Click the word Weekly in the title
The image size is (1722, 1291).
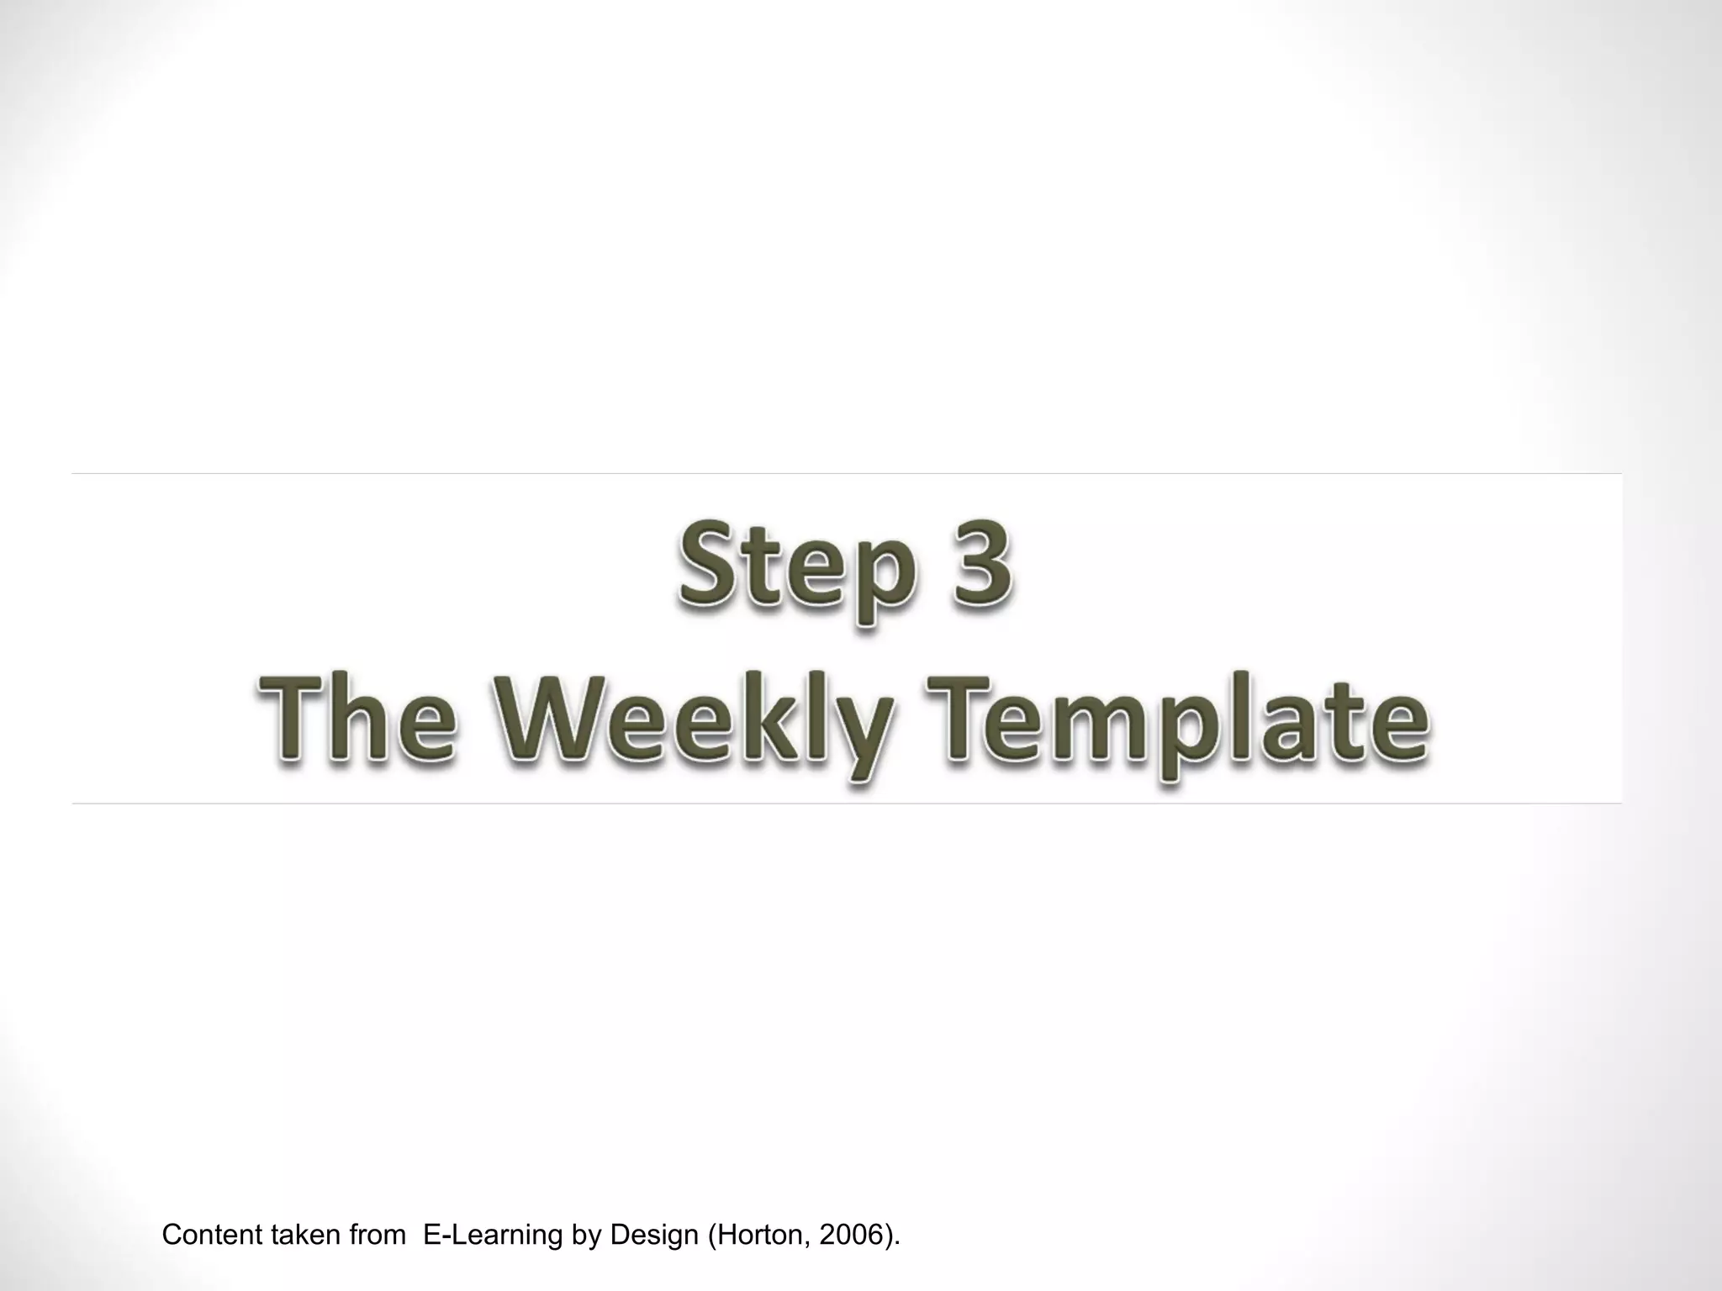pyautogui.click(x=697, y=725)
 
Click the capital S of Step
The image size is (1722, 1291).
pyautogui.click(x=708, y=561)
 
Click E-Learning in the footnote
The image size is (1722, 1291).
pyautogui.click(x=492, y=1236)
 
